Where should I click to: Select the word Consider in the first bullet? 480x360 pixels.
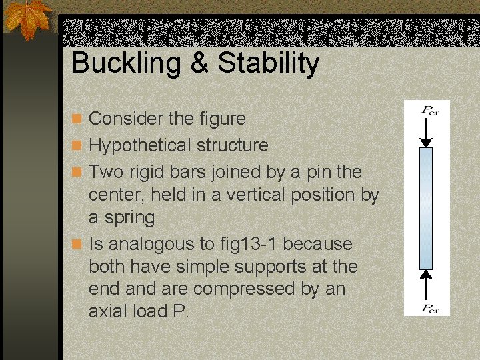pos(126,119)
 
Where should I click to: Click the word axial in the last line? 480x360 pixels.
pos(107,312)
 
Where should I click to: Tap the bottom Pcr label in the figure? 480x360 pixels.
pos(429,308)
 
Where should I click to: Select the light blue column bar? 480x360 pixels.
pos(426,208)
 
